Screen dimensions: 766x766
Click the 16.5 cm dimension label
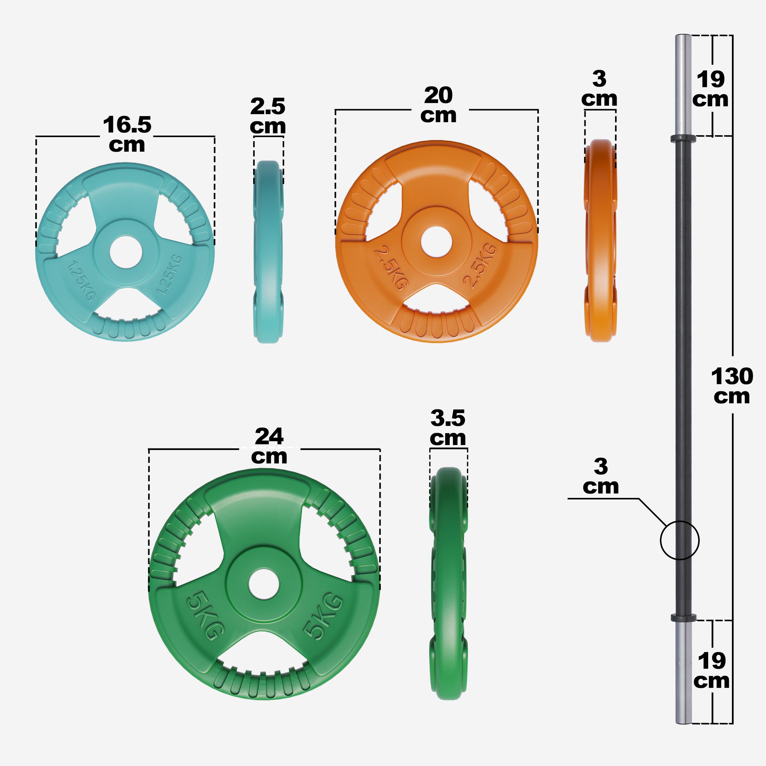[x=127, y=134]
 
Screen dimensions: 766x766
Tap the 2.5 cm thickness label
[x=268, y=116]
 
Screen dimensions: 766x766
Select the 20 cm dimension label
[x=438, y=105]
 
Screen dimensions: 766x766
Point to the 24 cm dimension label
[x=269, y=446]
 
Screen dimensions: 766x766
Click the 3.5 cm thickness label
[x=448, y=428]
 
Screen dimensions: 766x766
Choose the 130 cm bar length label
[x=732, y=386]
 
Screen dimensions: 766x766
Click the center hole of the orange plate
[x=436, y=241]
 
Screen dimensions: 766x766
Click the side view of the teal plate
[x=268, y=252]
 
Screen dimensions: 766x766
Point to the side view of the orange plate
[x=600, y=241]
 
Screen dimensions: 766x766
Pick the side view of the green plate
[x=448, y=583]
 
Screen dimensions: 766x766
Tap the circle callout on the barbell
[x=679, y=540]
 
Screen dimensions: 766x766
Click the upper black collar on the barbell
[x=683, y=139]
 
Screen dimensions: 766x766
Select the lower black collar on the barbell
[x=683, y=618]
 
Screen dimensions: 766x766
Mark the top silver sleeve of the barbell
[x=683, y=85]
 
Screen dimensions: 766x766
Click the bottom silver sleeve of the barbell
[x=683, y=672]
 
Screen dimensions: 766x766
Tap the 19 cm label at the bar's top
[x=710, y=89]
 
